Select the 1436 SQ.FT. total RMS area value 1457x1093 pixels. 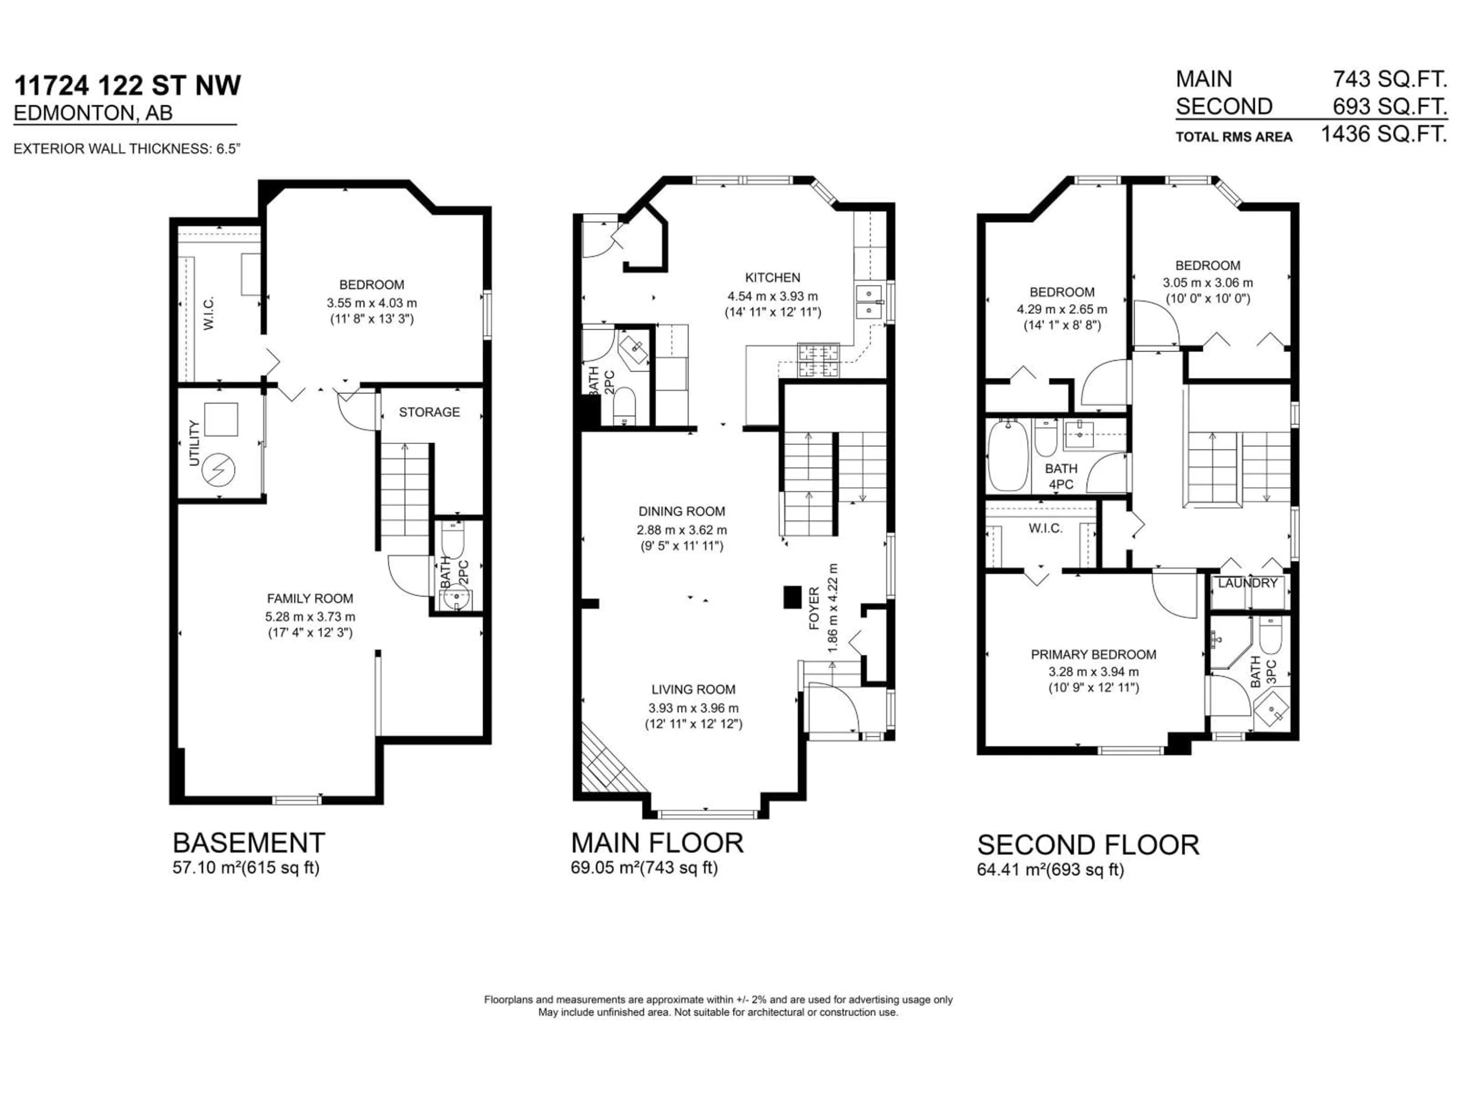click(1383, 134)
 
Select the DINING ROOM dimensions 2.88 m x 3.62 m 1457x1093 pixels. click(682, 530)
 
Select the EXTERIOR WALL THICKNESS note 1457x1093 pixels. click(126, 149)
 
